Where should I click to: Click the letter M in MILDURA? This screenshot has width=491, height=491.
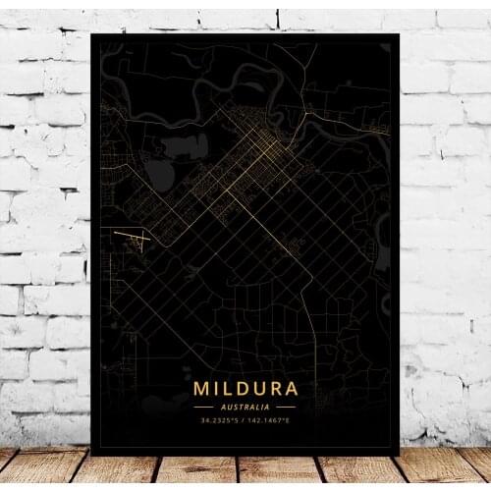(x=203, y=389)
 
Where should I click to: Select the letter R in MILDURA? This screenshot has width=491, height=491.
(x=275, y=389)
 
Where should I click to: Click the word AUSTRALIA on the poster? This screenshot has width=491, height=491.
(x=245, y=406)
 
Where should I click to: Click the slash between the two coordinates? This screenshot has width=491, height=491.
(x=245, y=419)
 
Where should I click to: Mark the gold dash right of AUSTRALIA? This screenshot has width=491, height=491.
(x=286, y=406)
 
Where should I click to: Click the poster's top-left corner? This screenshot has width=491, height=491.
(x=90, y=34)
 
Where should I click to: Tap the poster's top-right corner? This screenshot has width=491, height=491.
(x=400, y=34)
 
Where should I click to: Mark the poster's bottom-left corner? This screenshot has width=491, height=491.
(x=90, y=455)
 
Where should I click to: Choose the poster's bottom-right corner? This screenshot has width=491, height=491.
(x=400, y=455)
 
